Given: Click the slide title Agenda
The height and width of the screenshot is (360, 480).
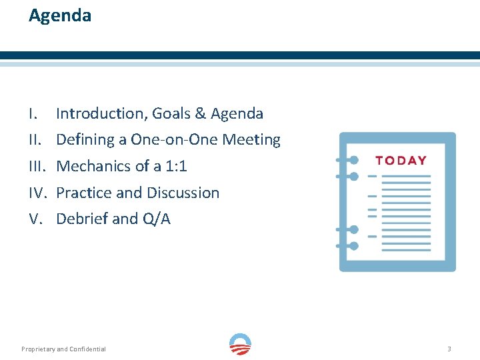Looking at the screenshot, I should point(60,15).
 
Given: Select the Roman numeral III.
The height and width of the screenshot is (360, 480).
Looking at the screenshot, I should point(36,167).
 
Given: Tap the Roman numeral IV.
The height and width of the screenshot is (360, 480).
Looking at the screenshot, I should point(37,193).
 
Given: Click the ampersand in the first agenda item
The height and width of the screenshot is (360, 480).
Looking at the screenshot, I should point(200,114).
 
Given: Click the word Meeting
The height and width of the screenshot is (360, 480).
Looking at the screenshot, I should point(251,140).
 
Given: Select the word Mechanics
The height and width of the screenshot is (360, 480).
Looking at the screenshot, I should point(93,167).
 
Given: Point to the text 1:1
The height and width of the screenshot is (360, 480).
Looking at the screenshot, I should point(177,167).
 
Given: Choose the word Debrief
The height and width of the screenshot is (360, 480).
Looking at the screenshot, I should point(82,219).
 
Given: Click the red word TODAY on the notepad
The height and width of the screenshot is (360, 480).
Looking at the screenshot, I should point(401,160).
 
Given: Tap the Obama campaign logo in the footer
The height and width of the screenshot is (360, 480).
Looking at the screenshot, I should point(240,344).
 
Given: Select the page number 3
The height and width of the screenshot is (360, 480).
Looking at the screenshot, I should point(449,349).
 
